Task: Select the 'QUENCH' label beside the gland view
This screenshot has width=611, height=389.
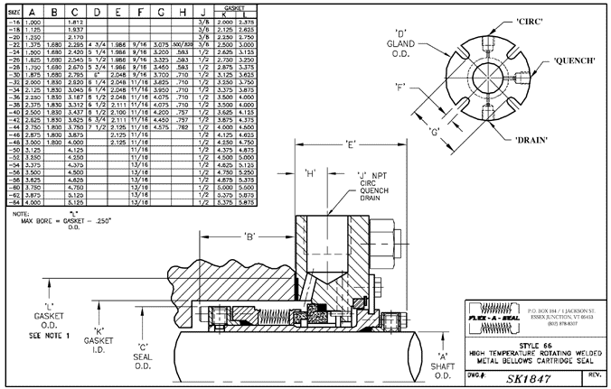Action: (x=568, y=60)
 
